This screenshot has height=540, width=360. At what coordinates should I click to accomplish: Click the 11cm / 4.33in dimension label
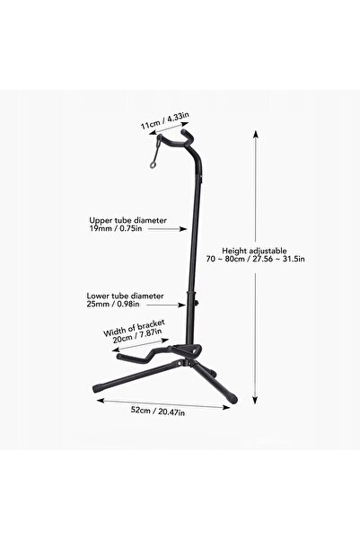tap(165, 120)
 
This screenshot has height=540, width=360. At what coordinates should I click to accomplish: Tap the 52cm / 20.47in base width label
tap(158, 411)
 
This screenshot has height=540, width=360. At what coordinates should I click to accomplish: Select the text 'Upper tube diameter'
tap(128, 220)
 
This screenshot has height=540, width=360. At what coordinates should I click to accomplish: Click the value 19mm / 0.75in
tap(116, 228)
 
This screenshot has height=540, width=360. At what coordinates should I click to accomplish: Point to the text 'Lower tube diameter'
tap(126, 296)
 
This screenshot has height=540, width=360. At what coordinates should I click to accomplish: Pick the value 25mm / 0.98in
tap(113, 304)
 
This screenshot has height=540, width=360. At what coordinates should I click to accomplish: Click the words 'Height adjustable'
tap(254, 251)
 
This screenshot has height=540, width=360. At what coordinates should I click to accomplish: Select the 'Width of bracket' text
tap(135, 328)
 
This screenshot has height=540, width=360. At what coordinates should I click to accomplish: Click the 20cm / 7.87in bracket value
tap(137, 336)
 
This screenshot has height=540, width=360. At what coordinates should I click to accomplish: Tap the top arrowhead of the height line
tap(255, 134)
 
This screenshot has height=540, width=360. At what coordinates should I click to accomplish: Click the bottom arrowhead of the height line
tap(255, 400)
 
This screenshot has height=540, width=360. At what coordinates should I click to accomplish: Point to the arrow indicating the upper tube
tap(165, 229)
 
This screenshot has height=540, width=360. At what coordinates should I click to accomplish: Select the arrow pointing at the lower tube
tap(163, 305)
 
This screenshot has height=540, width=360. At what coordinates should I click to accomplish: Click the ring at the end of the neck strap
tap(153, 165)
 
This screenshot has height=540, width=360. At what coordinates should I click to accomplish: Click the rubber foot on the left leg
tap(98, 388)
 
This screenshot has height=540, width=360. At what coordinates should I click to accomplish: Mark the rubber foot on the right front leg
tap(233, 399)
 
